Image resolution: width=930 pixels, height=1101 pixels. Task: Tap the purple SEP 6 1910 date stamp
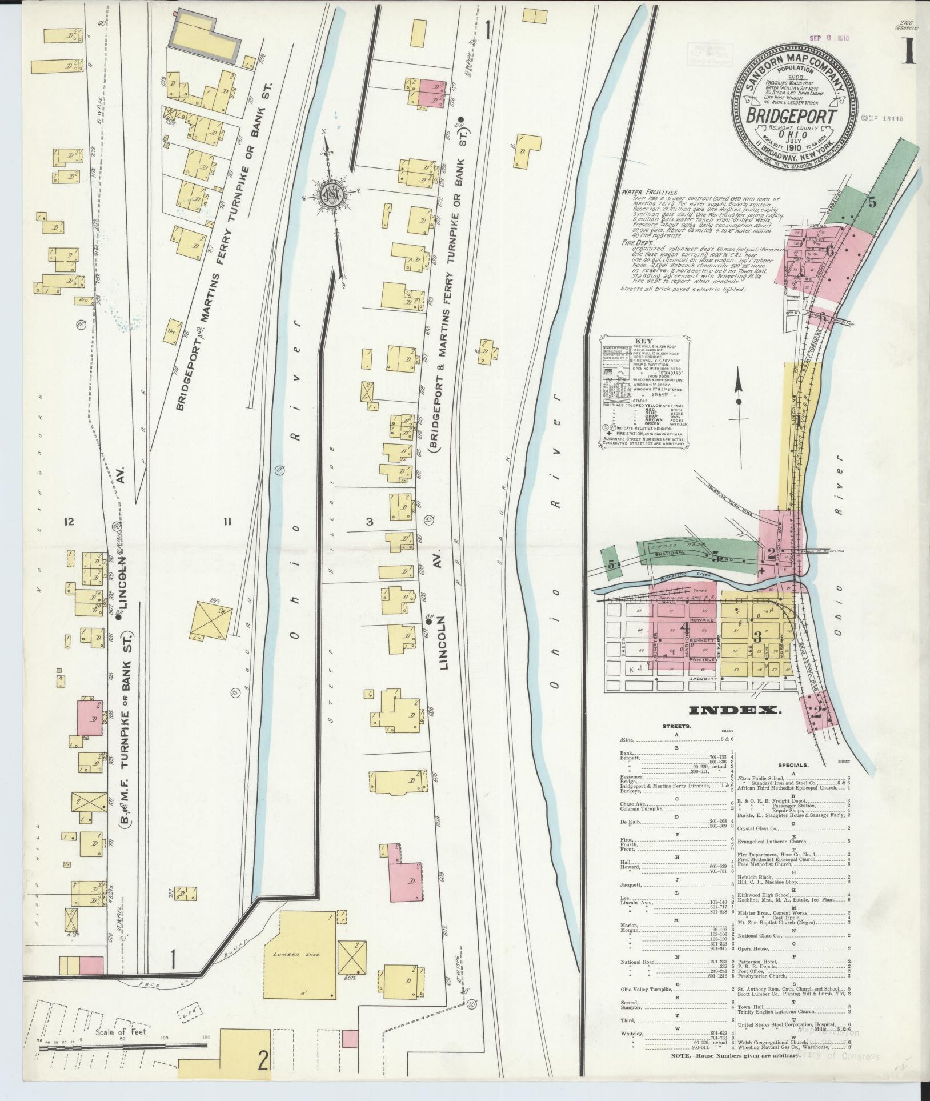(829, 39)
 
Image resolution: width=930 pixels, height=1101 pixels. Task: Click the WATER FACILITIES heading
(650, 193)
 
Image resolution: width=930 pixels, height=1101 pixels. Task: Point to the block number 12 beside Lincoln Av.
(70, 521)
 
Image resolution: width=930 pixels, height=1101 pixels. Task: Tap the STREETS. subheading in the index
(677, 726)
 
